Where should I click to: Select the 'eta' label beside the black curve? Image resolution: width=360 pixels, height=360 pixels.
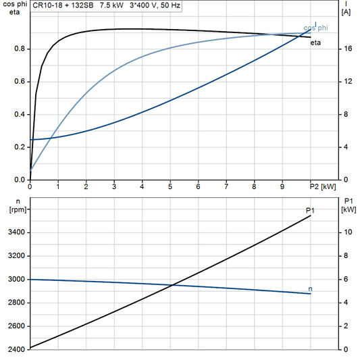[x=315, y=43]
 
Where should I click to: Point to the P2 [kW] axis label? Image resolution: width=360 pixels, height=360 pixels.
[x=322, y=186]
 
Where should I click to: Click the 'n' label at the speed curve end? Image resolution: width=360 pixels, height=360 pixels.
[x=310, y=289]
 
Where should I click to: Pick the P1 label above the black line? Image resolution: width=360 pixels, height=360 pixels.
[x=310, y=211]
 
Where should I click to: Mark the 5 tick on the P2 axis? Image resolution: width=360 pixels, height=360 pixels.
[x=170, y=186]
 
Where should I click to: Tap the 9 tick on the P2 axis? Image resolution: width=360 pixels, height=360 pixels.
[x=282, y=186]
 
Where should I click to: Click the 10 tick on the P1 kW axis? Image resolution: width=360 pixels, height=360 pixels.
[x=346, y=232]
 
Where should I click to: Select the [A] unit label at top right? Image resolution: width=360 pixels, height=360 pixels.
[x=346, y=12]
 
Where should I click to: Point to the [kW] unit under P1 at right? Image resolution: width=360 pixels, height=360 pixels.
[x=349, y=209]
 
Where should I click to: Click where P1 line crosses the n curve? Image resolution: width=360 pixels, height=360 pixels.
[x=173, y=284]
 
